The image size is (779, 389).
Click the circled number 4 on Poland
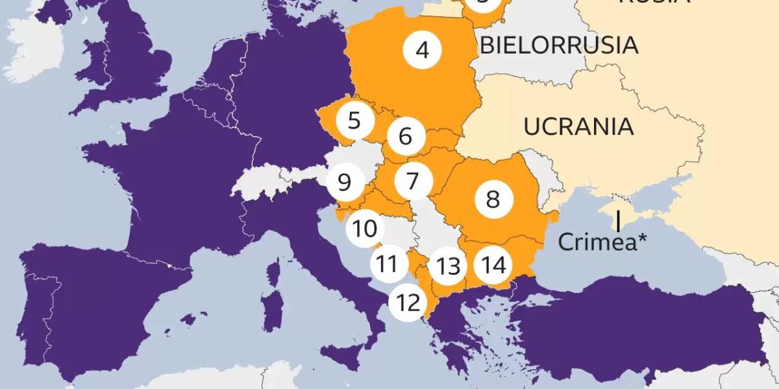click(423, 50)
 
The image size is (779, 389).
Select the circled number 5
click(354, 121)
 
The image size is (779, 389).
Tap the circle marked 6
click(406, 137)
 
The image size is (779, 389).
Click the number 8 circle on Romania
click(493, 199)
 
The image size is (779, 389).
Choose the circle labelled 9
click(344, 182)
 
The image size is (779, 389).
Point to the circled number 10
click(365, 229)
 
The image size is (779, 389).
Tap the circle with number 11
click(388, 265)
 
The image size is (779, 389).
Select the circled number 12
click(408, 302)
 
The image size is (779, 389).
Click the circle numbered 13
click(449, 266)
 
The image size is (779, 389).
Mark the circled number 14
click(493, 265)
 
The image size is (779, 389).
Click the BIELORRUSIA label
click(559, 45)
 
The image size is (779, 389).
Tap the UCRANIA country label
click(578, 126)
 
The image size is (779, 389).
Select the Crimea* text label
click(603, 242)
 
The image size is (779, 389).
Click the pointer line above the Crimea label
click(619, 221)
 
